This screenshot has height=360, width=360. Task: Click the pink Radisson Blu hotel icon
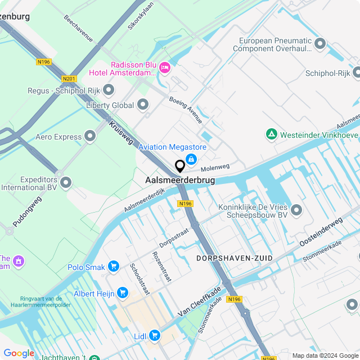(165, 68)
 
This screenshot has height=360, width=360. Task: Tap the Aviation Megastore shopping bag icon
(191, 160)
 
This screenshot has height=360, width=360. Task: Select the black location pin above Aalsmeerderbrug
(180, 166)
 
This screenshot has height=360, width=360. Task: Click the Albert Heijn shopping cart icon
(122, 293)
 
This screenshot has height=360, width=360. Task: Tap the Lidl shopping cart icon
(154, 336)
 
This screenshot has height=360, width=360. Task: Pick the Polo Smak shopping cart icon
(114, 266)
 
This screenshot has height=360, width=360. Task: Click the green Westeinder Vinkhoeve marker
(272, 134)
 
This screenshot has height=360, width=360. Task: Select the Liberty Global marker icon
(143, 105)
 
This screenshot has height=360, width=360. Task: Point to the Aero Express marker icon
(90, 137)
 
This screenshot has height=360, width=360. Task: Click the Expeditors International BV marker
(66, 182)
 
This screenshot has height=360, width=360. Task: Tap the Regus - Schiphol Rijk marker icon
(109, 90)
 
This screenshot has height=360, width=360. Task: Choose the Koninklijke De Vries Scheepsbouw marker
(296, 210)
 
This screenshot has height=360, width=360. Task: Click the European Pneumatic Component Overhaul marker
(320, 43)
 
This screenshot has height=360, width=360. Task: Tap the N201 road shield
(70, 79)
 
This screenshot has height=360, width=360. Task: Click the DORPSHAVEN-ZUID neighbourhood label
(235, 258)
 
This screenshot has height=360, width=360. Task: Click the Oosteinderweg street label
(321, 232)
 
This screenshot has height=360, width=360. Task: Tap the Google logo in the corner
(19, 353)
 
